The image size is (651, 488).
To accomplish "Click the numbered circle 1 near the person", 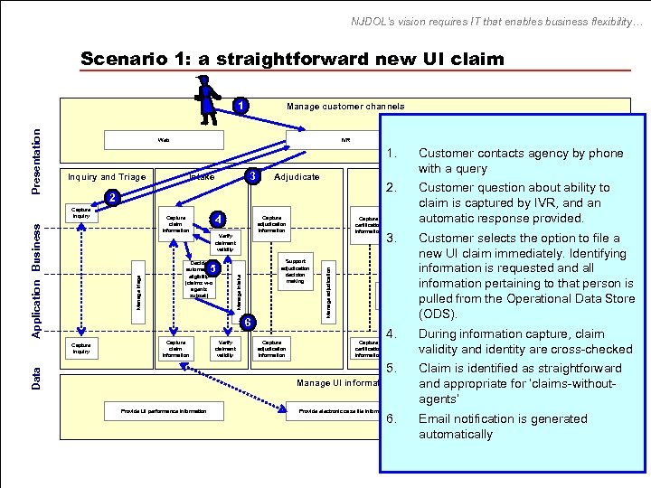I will point(241,107).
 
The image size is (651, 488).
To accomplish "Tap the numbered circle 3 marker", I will point(255,174).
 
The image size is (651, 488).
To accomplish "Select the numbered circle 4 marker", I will point(216,219).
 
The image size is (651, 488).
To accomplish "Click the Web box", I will point(164,140).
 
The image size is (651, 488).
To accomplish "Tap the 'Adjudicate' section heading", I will point(297,177).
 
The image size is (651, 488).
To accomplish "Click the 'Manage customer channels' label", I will point(345,107).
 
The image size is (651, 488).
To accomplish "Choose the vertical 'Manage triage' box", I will point(138,289).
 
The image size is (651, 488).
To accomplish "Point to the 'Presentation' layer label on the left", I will point(36,160).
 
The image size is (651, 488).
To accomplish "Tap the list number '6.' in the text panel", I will point(391,418).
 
